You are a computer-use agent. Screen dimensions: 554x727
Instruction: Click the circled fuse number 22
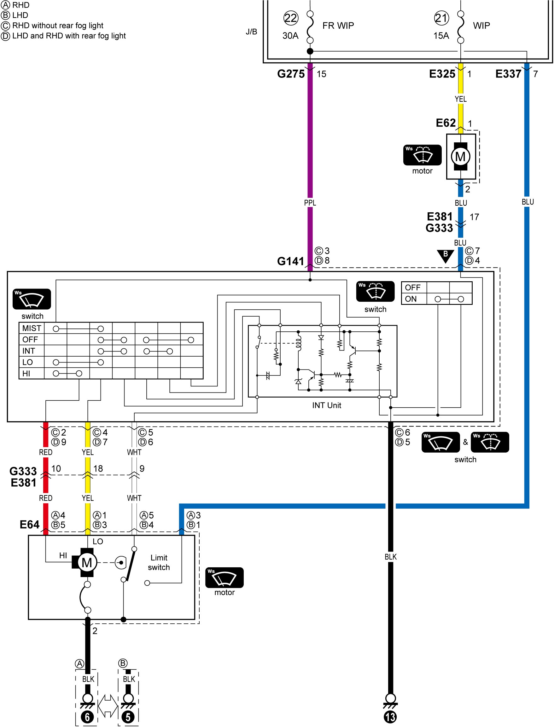(x=291, y=18)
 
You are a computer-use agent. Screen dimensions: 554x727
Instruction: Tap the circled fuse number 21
(x=441, y=18)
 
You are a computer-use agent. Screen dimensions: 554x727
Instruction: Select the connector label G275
(x=291, y=74)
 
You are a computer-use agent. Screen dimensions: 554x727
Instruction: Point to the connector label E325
(x=442, y=74)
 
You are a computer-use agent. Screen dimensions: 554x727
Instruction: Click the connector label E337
(x=508, y=74)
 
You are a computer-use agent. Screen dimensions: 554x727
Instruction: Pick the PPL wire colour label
(x=310, y=203)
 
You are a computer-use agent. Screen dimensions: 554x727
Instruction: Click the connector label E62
(x=446, y=123)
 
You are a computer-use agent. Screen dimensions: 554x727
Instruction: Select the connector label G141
(x=290, y=261)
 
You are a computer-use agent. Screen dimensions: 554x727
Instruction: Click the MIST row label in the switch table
(x=32, y=328)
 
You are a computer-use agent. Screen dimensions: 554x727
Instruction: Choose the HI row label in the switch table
(x=26, y=373)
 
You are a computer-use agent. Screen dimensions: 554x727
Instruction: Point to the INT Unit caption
(x=326, y=405)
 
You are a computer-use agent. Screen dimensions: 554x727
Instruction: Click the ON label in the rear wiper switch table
(x=411, y=299)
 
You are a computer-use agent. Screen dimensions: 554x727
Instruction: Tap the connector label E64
(x=29, y=524)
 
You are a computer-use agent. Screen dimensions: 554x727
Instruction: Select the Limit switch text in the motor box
(x=159, y=562)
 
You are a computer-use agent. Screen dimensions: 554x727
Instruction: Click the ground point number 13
(x=390, y=717)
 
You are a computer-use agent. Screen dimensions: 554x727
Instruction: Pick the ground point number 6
(x=87, y=717)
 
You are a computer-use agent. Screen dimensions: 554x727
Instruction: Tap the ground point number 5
(x=128, y=717)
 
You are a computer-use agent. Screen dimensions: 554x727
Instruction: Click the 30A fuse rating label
(x=290, y=36)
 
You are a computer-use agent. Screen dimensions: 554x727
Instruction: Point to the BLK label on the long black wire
(x=391, y=557)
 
